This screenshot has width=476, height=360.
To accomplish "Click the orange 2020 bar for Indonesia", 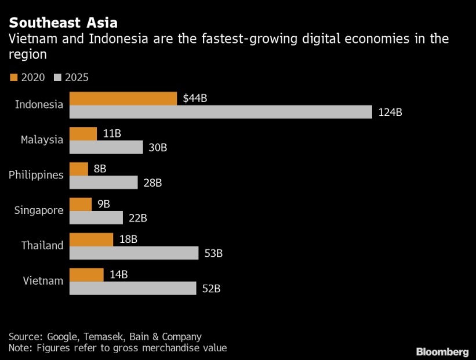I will click(123, 99).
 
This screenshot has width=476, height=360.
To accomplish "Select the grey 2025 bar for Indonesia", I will click(220, 112).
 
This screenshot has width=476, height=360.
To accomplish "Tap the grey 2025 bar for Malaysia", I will click(106, 147).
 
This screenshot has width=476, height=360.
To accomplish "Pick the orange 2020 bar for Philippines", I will click(79, 169).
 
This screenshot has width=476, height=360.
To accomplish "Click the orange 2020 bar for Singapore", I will click(81, 204).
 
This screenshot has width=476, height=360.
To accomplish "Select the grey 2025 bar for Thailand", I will click(134, 253).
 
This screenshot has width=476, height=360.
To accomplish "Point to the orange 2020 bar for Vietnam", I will click(86, 274).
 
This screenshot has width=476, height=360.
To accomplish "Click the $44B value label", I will click(195, 99).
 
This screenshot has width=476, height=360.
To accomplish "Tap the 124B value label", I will click(390, 112).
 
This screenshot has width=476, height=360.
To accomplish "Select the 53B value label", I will click(213, 253).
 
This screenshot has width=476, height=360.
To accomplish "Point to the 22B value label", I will click(137, 218).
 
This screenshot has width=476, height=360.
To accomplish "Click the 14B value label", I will click(119, 274).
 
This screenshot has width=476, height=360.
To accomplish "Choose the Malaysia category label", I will click(42, 140).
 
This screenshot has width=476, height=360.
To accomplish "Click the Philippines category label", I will click(36, 175).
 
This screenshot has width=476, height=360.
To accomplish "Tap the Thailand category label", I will click(42, 245).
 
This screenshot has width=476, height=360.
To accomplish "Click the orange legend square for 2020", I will click(13, 77).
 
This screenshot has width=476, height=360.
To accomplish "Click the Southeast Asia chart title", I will click(63, 23).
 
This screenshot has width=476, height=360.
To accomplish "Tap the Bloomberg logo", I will click(442, 351).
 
